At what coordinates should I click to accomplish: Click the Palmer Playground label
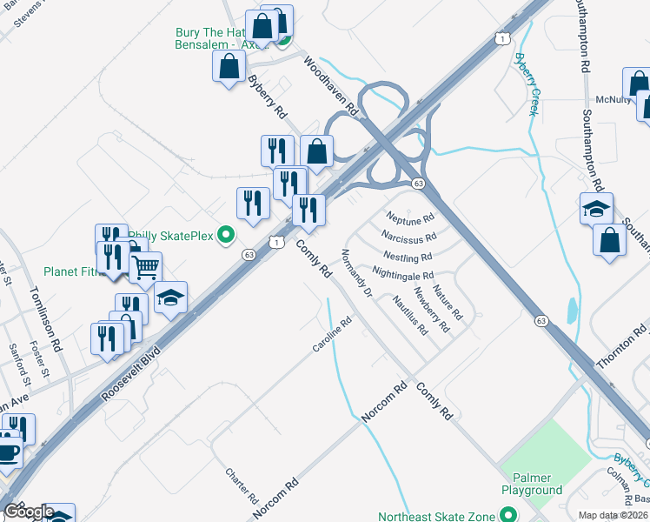[x=530, y=484]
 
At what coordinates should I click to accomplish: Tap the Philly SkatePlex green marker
[x=226, y=234]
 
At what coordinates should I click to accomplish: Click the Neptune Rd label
[x=410, y=217]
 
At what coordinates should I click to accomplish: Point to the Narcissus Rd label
[x=408, y=237]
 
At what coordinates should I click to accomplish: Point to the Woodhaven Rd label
[x=331, y=87]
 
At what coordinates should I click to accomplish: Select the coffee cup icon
[x=8, y=453]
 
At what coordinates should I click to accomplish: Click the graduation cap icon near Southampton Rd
[x=597, y=209]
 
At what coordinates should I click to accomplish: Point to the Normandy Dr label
[x=356, y=274]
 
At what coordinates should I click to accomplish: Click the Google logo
[x=28, y=511]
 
